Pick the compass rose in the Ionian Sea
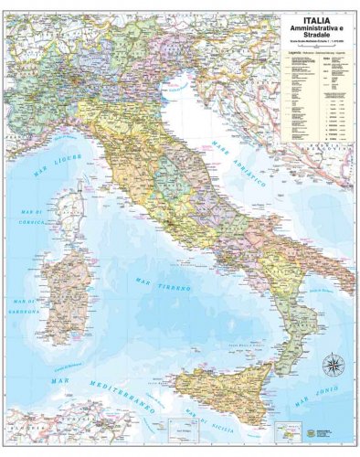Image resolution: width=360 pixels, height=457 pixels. (332, 367)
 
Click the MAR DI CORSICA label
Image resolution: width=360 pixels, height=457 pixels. (31, 218)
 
